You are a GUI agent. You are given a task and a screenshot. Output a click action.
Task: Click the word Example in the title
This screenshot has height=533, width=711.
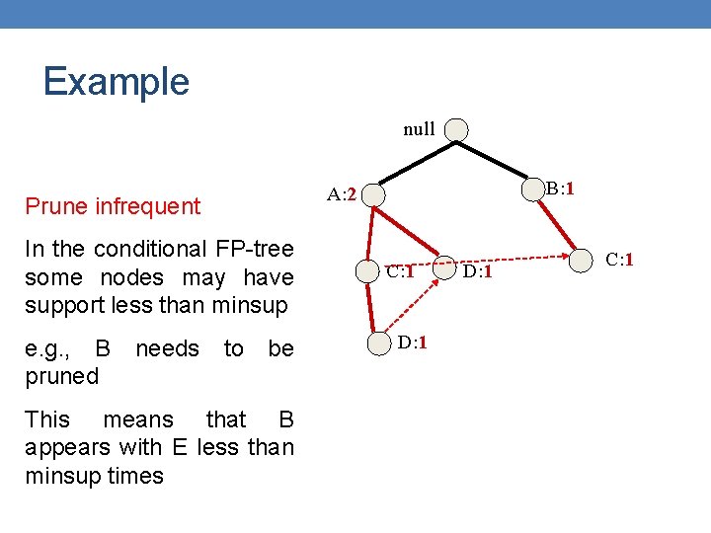pos(116,81)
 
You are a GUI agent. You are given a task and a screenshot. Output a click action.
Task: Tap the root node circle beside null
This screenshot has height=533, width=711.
pos(456,129)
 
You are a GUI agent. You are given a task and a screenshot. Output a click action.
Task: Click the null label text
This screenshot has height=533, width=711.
pos(419,129)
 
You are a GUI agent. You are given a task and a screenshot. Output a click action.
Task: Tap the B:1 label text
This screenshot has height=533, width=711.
pos(562,188)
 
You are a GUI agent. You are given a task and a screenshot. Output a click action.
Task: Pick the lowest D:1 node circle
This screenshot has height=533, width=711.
pos(380,343)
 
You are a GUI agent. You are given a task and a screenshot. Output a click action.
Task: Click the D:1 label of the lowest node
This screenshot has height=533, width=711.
pos(412,343)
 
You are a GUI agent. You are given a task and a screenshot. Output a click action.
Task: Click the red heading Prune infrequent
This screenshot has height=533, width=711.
pos(113,206)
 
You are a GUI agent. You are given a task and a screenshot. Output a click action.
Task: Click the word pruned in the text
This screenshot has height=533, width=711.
pos(62,376)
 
